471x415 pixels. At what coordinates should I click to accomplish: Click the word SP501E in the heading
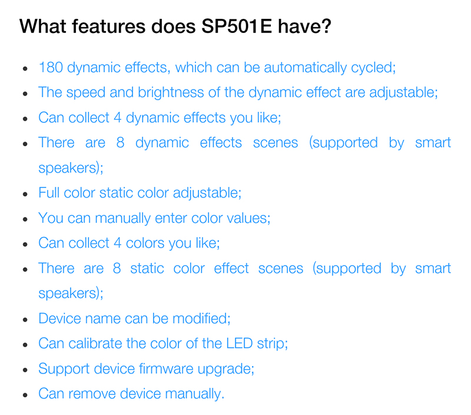pos(237,26)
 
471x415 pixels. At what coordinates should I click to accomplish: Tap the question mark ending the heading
pos(326,26)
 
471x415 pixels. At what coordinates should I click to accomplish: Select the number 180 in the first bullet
pos(51,67)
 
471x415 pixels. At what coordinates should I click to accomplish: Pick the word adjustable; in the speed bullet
pos(403,93)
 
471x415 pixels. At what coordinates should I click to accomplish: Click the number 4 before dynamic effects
pos(117,117)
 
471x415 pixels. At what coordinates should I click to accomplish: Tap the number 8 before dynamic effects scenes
pos(121,143)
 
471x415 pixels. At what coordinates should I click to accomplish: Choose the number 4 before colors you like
pos(117,243)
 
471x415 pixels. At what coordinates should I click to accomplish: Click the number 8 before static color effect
pos(117,268)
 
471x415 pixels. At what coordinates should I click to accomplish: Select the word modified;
pos(201,318)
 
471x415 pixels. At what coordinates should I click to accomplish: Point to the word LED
pos(240,344)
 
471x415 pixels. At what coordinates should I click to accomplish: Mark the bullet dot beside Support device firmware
pos(25,370)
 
